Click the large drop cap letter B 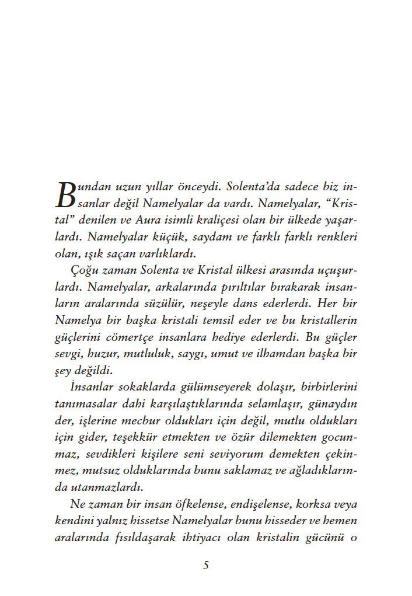[x=66, y=196]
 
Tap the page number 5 [x=206, y=565]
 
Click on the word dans [x=270, y=304]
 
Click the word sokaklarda [x=141, y=386]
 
